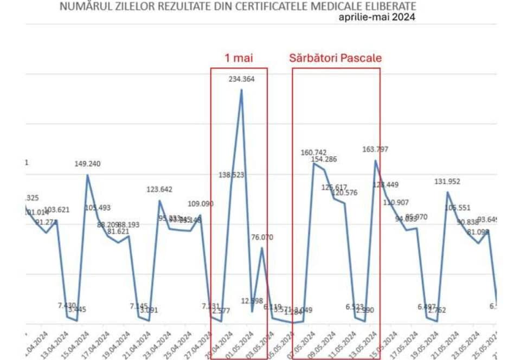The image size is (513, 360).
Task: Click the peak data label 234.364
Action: coord(241,79)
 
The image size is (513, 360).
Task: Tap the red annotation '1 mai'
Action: coord(239,59)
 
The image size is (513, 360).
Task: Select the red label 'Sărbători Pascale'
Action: coord(336,59)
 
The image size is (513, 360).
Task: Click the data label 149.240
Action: coord(88,164)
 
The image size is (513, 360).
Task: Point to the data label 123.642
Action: coord(159,189)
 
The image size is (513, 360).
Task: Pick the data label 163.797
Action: coord(375,149)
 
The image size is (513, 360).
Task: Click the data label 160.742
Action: coord(314,152)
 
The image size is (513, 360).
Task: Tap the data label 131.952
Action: coord(447,182)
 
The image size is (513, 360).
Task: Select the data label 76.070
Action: coord(262,237)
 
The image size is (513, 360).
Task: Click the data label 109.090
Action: coord(201,204)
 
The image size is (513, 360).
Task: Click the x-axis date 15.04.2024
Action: coord(78,342)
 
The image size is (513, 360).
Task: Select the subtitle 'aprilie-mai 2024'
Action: coord(377,17)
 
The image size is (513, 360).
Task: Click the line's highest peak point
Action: coord(241,90)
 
